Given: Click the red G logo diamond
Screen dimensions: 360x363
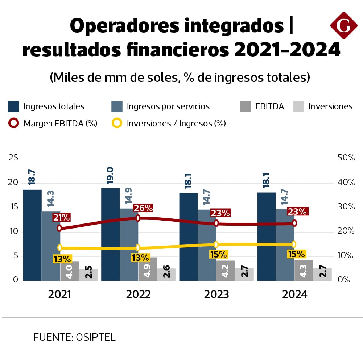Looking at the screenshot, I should tap(344, 25).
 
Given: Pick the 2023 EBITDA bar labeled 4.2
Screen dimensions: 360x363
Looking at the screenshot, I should tap(226, 270).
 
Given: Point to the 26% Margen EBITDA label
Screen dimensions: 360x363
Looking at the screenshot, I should tap(143, 208).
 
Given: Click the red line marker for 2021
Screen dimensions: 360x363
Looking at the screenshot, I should tap(59, 228).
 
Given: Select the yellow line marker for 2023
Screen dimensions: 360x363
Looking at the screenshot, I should tap(216, 244).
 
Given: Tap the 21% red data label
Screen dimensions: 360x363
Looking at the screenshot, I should tap(61, 217).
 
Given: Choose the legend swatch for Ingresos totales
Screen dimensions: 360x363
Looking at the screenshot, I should tap(13, 106).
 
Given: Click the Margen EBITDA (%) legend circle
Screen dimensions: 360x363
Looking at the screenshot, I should tap(13, 123).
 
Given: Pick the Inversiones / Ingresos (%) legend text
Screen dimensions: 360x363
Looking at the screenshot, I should tap(176, 123).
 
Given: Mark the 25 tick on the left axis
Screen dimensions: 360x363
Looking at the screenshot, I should tap(13, 158).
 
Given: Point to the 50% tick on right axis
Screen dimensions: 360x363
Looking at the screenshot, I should tap(346, 158).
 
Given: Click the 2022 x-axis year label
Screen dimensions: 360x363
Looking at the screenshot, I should tap(138, 294).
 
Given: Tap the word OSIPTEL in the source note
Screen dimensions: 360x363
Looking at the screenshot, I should tap(96, 337).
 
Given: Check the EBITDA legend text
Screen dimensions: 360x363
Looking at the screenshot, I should tap(269, 106).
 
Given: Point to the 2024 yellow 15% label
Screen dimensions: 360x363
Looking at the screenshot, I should tap(296, 254).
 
